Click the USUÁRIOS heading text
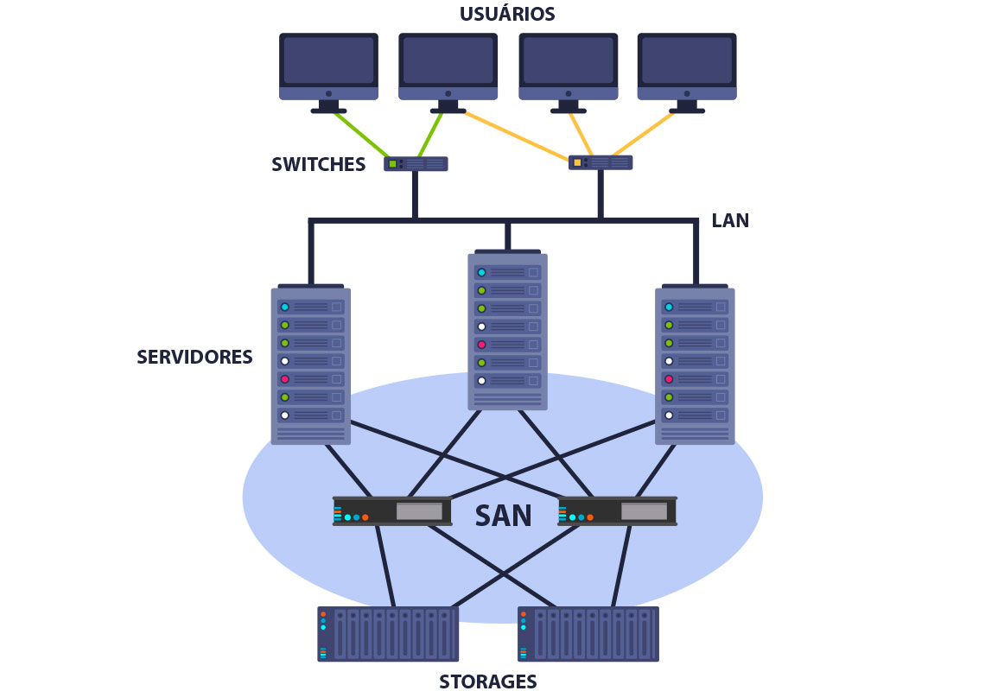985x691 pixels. (x=507, y=15)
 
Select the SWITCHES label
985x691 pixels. (x=318, y=165)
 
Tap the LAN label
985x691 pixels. (x=730, y=220)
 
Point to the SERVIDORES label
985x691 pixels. (x=194, y=357)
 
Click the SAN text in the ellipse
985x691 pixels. (x=504, y=516)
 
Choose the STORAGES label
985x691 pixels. (x=487, y=681)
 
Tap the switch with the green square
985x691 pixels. (x=416, y=163)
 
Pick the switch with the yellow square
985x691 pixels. (x=601, y=162)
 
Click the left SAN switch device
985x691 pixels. (x=392, y=511)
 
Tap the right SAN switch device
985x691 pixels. (x=617, y=511)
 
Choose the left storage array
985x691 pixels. (x=388, y=634)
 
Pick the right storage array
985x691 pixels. (x=588, y=634)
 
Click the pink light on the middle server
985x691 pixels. (x=482, y=345)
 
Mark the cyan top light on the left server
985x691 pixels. (x=284, y=307)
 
